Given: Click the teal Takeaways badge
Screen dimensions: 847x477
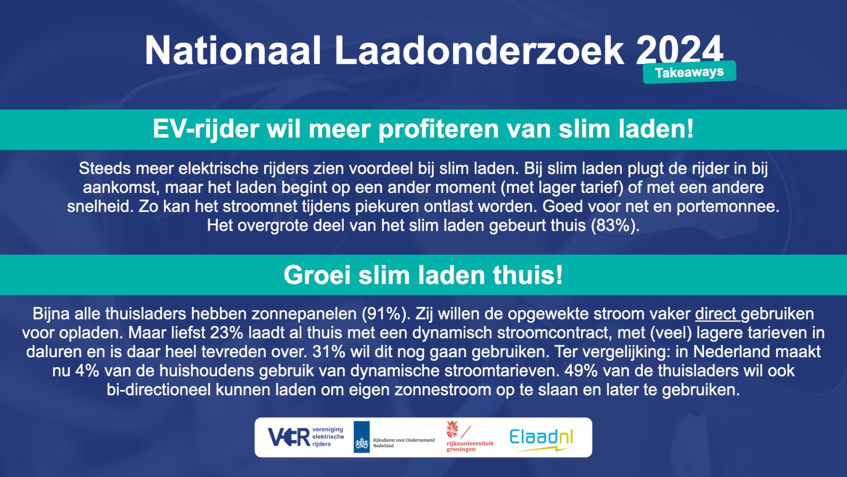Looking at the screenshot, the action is pyautogui.click(x=689, y=72).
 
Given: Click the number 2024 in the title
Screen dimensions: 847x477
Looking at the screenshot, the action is pyautogui.click(x=680, y=51).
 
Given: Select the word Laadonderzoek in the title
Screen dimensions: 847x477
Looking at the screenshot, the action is pyautogui.click(x=479, y=51).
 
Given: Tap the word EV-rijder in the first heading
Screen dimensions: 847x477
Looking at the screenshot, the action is pyautogui.click(x=206, y=129).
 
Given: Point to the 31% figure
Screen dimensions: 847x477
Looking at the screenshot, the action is pyautogui.click(x=329, y=352).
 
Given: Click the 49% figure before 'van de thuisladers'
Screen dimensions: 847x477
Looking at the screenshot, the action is pyautogui.click(x=581, y=370).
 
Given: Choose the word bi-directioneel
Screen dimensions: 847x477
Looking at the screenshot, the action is pyautogui.click(x=158, y=390).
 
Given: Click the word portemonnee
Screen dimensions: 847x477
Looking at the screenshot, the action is pyautogui.click(x=728, y=207).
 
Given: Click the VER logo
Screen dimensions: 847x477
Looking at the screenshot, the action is pyautogui.click(x=306, y=437).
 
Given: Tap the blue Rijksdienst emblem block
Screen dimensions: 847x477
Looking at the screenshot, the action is pyautogui.click(x=362, y=437).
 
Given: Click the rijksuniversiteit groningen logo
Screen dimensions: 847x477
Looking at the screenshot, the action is pyautogui.click(x=470, y=437).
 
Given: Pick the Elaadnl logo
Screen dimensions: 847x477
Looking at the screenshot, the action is pyautogui.click(x=541, y=440).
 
